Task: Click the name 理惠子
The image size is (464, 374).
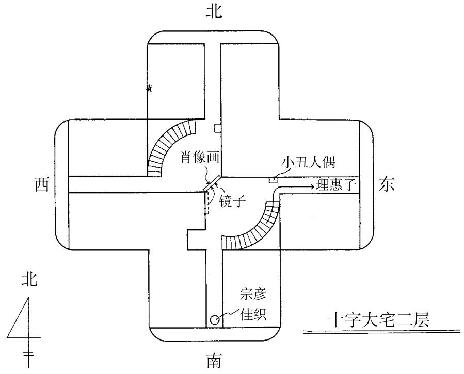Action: point(339,185)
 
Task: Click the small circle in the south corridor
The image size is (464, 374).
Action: point(214,320)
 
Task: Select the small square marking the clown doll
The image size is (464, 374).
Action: point(272,179)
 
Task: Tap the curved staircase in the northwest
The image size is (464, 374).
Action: point(170,145)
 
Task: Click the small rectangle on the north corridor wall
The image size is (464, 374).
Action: point(218,127)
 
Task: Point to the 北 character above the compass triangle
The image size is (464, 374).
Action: point(29,280)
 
